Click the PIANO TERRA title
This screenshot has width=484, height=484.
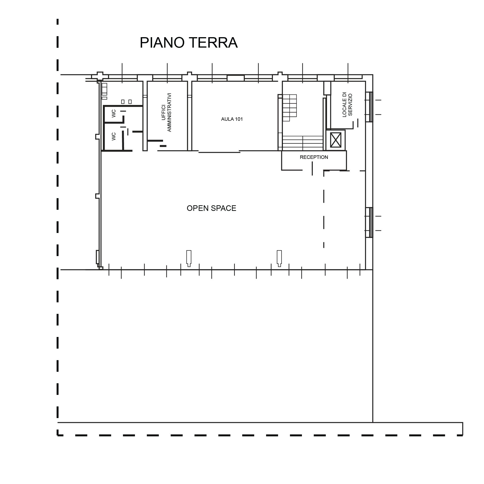(x=188, y=43)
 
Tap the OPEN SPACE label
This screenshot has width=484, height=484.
(x=211, y=208)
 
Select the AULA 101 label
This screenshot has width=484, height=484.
(x=232, y=119)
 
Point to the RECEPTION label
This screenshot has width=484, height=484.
(x=314, y=157)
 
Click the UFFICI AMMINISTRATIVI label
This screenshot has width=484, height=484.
(x=166, y=112)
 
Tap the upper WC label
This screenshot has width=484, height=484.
(x=114, y=114)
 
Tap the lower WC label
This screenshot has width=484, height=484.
(x=114, y=137)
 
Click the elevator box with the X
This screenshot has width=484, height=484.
(x=336, y=140)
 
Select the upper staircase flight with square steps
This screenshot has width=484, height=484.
(x=290, y=108)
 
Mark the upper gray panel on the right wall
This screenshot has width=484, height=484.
(x=371, y=107)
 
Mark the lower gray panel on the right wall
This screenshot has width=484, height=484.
(x=371, y=222)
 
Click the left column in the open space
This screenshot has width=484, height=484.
(x=189, y=258)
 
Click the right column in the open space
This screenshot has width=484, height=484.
(x=279, y=258)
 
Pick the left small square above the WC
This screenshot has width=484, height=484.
(x=123, y=102)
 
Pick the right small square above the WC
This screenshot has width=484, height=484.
(x=130, y=102)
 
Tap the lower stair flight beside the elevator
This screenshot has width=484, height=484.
(x=303, y=143)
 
